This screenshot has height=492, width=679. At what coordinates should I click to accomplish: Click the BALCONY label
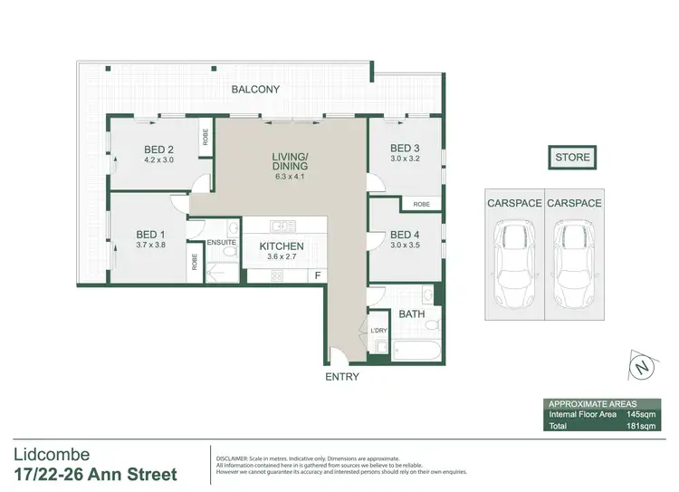coord(254,89)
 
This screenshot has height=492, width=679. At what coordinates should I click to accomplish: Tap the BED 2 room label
coord(158,150)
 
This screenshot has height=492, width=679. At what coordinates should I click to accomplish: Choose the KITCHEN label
coord(282,246)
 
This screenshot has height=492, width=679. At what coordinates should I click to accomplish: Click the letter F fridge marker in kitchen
coord(317,275)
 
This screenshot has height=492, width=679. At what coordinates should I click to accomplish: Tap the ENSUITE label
coord(222,243)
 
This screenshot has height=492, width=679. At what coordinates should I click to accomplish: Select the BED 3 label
coord(405,149)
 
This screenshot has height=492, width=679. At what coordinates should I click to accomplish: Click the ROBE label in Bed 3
coord(421,205)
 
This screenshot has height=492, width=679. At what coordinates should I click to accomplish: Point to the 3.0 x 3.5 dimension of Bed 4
coord(405,244)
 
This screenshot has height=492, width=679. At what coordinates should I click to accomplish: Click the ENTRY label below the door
coord(341,377)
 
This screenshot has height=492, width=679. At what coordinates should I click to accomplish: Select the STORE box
coord(572,158)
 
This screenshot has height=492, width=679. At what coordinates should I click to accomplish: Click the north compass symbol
coord(642,368)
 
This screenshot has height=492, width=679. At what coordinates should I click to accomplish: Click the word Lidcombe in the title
coord(53,454)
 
